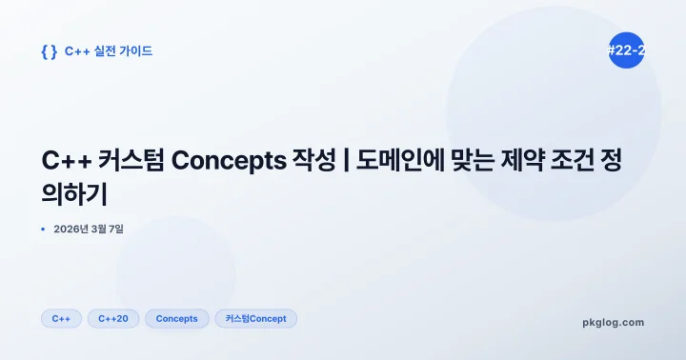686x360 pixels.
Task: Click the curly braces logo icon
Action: pos(49,51)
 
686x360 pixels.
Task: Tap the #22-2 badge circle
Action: pos(626,50)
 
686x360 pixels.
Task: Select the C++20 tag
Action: pos(113,318)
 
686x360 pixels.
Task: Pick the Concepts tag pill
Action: pos(176,318)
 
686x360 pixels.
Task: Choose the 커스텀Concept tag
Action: pos(256,318)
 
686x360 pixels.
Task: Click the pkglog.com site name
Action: pos(613,322)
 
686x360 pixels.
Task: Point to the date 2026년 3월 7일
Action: pos(89,229)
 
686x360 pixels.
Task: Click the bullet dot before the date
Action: pos(44,229)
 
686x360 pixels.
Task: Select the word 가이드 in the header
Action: pos(134,51)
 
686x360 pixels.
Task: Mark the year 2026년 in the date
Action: pos(70,229)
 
